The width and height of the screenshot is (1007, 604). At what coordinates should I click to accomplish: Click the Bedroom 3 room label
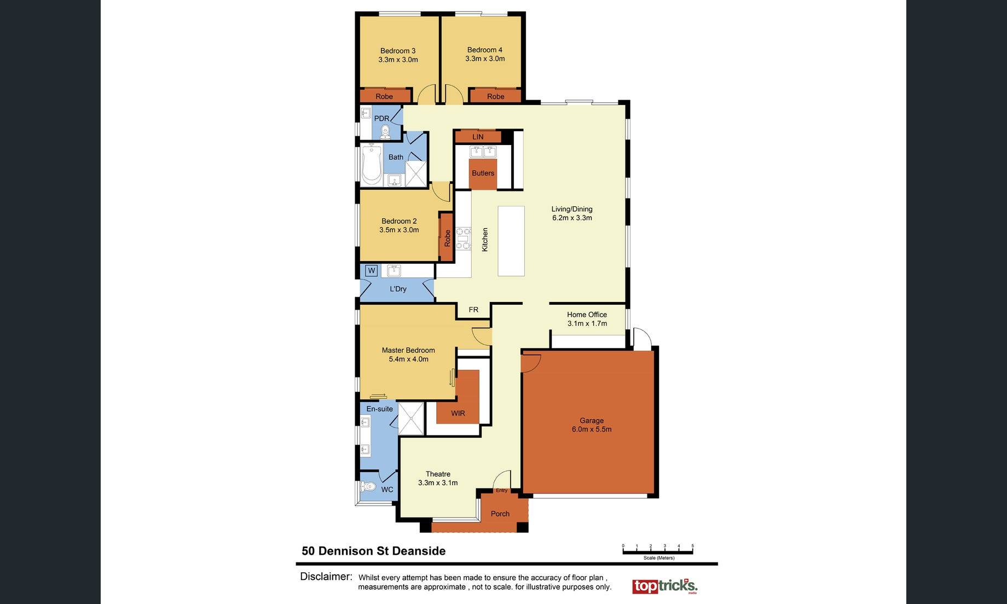[398, 51]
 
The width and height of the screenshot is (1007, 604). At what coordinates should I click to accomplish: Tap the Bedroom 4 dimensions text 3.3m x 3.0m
[485, 59]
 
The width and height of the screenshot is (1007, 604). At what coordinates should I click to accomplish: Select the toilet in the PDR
[385, 131]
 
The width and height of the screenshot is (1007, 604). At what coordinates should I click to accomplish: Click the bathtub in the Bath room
[372, 164]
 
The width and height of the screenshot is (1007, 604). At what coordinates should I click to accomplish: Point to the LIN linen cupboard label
[478, 137]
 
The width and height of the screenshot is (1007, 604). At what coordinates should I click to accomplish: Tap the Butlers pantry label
[483, 173]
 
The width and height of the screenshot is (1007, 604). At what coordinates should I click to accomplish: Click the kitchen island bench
[511, 241]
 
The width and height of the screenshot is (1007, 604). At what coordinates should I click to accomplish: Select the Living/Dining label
[572, 209]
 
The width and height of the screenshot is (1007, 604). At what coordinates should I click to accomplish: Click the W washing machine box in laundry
[372, 270]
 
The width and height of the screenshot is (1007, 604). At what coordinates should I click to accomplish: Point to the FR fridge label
[473, 310]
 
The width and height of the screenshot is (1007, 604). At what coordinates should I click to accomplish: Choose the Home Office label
[587, 315]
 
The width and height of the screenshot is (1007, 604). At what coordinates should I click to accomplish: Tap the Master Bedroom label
[408, 350]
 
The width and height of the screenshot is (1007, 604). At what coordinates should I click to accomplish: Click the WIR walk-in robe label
[458, 413]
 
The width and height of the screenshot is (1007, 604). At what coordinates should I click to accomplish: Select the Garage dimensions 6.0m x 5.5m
[592, 429]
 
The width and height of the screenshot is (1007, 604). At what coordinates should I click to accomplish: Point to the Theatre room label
[438, 474]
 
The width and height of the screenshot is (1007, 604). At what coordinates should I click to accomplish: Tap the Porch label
[500, 514]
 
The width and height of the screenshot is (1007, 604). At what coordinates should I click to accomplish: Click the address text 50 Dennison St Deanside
[374, 551]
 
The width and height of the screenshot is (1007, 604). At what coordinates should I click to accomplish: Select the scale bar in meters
[658, 551]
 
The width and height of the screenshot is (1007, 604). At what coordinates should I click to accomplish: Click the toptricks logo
[665, 586]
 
